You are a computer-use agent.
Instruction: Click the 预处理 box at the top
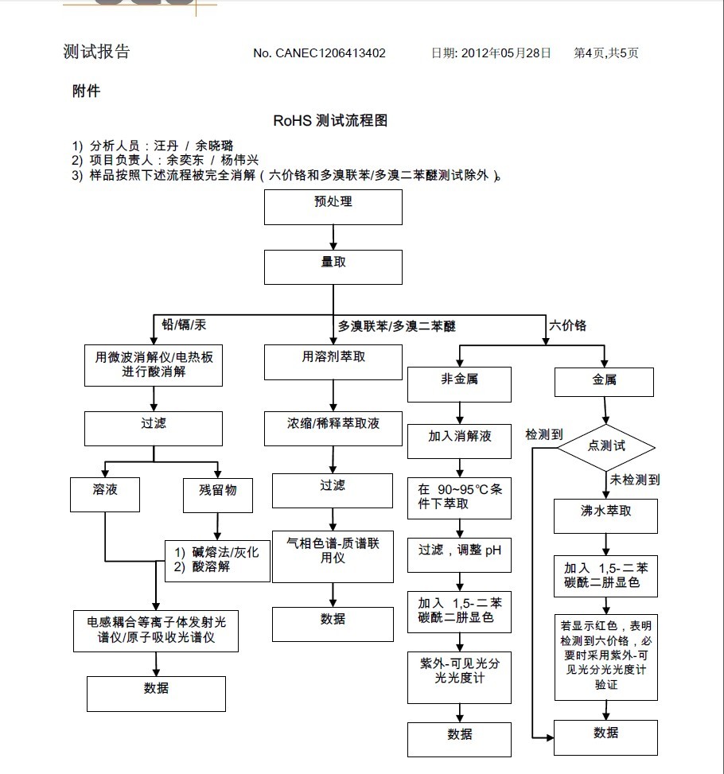coord(333,208)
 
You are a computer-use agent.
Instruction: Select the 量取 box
coord(333,266)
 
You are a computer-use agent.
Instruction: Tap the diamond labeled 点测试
coord(606,446)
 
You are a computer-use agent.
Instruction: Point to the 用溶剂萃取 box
coord(333,363)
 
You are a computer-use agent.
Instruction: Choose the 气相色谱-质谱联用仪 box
coord(333,555)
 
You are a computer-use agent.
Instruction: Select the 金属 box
coord(604,382)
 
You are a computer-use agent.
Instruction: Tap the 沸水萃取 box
coord(605,516)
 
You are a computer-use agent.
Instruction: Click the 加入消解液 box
coord(459,441)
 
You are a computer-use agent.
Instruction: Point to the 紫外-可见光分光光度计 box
coord(459,675)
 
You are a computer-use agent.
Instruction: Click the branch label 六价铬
coord(567,325)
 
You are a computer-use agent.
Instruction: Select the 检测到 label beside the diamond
coord(544,434)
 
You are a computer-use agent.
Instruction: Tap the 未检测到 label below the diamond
coord(634,480)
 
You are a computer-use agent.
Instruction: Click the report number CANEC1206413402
coord(331,53)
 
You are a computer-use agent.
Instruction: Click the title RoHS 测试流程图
coord(330,121)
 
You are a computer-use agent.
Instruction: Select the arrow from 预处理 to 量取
coord(333,237)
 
